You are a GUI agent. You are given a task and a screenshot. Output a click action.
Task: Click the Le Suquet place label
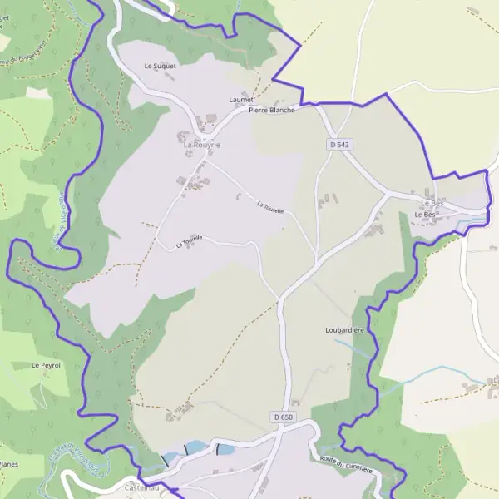pyautogui.click(x=160, y=65)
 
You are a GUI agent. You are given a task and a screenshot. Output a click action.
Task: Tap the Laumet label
pyautogui.click(x=240, y=99)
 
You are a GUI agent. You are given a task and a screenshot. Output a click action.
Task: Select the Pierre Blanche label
pyautogui.click(x=271, y=110)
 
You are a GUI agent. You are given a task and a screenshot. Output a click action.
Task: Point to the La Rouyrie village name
pyautogui.click(x=202, y=144)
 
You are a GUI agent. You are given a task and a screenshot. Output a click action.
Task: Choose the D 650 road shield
pyautogui.click(x=283, y=416)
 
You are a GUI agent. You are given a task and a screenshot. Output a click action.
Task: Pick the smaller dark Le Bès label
pyautogui.click(x=425, y=215)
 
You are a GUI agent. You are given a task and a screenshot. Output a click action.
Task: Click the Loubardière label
pyautogui.click(x=345, y=330)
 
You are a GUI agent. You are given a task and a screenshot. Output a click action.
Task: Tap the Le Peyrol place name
pyautogui.click(x=46, y=365)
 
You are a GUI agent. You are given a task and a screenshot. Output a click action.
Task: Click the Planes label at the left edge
pyautogui.click(x=8, y=464)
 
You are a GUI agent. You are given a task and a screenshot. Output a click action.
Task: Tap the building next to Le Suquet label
pyautogui.click(x=170, y=76)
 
